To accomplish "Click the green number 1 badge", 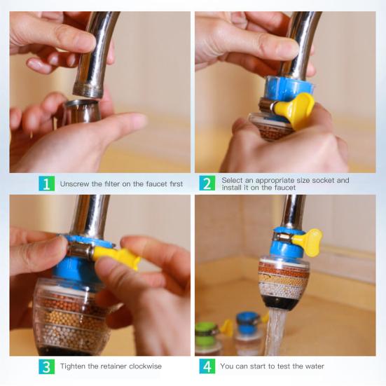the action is tap(46, 184).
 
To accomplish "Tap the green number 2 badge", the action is tap(207, 183).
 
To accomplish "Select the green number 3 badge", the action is tap(46, 366).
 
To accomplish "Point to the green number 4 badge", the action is tap(207, 366).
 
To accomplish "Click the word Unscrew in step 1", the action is tap(75, 184).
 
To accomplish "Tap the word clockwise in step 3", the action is tap(145, 366).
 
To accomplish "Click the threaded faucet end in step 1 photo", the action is tap(87, 90).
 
